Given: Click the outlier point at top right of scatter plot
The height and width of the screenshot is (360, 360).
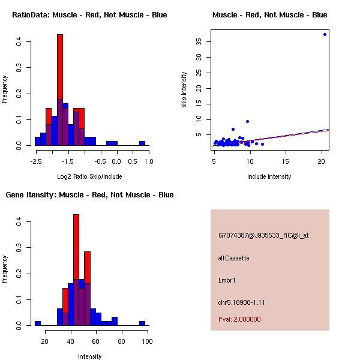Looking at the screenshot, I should [x=325, y=34].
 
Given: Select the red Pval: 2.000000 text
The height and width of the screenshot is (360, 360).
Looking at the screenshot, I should [x=239, y=319].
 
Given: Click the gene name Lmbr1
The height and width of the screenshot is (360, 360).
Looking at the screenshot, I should [x=227, y=280].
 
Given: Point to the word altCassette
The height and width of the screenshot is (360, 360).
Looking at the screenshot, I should [x=233, y=258].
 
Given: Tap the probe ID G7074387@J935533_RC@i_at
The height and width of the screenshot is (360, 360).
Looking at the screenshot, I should [x=263, y=236].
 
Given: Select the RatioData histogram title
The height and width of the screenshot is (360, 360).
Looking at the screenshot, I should [x=89, y=15].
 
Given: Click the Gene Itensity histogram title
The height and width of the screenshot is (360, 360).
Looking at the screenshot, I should [x=89, y=195].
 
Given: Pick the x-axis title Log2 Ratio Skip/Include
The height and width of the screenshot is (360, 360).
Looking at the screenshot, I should [x=89, y=176].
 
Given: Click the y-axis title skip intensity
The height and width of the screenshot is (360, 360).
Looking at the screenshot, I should [x=184, y=90].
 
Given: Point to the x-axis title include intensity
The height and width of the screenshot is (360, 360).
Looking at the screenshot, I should [x=269, y=176].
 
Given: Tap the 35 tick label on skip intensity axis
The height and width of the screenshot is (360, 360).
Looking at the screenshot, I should [x=198, y=41].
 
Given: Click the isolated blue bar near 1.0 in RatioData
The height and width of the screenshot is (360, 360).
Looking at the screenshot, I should [x=142, y=143].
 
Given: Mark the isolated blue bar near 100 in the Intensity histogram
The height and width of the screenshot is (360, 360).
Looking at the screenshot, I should [x=142, y=323].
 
